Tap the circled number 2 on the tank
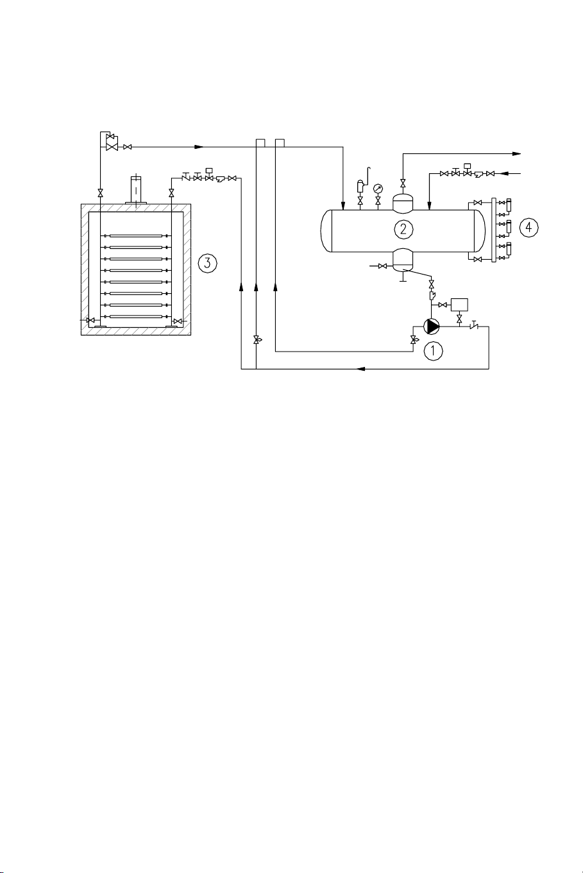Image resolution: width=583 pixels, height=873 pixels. coord(403,227)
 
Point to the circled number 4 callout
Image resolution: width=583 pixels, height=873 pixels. coord(529,228)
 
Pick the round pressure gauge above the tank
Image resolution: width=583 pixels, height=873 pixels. coord(378,189)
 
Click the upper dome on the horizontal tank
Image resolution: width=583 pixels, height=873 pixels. coord(403,203)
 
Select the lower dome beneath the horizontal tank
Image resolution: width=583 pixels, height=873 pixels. coord(403,259)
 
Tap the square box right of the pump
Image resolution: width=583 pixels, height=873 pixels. coord(459,305)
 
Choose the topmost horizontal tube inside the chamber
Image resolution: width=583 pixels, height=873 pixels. coord(135,236)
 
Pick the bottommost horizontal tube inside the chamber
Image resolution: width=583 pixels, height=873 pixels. coord(135,317)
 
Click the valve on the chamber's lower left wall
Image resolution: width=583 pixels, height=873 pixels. coord(90,320)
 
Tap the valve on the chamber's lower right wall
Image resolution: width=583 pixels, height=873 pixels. coord(178,320)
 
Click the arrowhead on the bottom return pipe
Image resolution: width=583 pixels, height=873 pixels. coord(361,369)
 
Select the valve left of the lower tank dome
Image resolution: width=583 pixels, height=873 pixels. coord(382,266)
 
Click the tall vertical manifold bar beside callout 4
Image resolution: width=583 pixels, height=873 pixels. coord(493,230)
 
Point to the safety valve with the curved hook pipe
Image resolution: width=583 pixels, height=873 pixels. coord(360,188)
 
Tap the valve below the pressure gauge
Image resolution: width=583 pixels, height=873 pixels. coord(378,201)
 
